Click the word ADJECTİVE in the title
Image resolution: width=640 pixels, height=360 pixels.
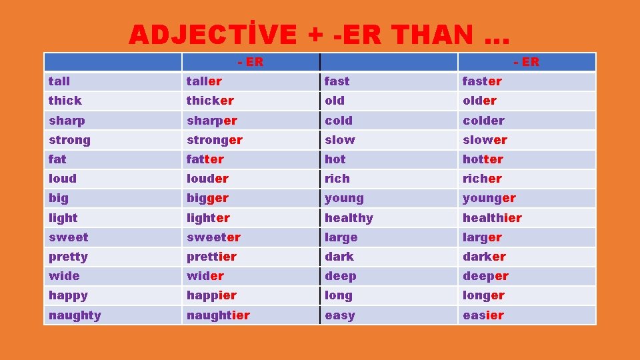(x=213, y=35)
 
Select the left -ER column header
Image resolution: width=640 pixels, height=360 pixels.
(x=251, y=62)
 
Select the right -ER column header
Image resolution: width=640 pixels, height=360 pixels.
(x=527, y=62)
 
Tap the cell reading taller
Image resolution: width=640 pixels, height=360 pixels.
(x=204, y=81)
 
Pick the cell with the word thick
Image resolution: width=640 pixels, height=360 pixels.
(x=65, y=101)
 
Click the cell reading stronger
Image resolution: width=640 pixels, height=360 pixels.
(x=215, y=140)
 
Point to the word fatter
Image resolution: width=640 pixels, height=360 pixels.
(x=205, y=159)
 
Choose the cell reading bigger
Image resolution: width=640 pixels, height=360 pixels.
(x=207, y=198)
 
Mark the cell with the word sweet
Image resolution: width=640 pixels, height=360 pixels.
(x=68, y=237)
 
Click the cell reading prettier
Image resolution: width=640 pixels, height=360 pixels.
(x=211, y=257)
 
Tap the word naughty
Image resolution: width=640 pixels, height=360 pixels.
(x=75, y=315)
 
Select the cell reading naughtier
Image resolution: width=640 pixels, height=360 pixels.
(x=218, y=315)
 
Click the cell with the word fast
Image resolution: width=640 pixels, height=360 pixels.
(x=337, y=81)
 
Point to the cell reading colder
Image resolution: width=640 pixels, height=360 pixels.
(x=483, y=121)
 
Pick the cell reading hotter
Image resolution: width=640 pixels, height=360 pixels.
(x=483, y=159)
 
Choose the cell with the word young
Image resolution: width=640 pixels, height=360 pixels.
(x=344, y=198)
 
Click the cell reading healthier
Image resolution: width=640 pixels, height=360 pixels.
(x=492, y=218)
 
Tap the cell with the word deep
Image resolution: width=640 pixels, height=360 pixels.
(x=340, y=276)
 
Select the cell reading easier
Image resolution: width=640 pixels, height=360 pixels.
(x=483, y=315)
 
